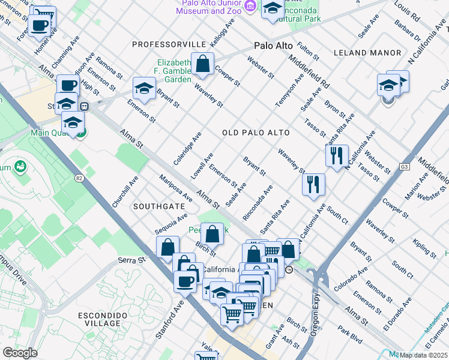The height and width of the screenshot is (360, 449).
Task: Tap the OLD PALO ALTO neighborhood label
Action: click(256, 133)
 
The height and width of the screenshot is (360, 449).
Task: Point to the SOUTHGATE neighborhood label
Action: click(159, 206)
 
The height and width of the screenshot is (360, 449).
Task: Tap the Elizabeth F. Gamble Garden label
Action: click(175, 71)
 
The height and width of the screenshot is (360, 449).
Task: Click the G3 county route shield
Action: click(405, 167)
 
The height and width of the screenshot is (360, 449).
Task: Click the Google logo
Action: click(20, 353)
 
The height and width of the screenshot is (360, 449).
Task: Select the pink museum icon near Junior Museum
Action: click(251, 7)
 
